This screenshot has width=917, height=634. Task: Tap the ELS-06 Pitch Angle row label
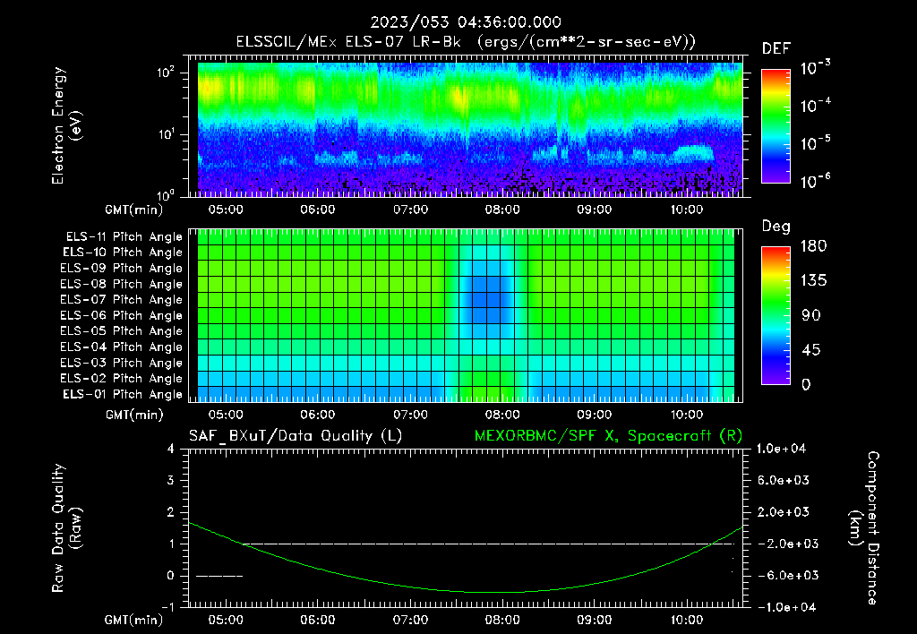point(121,316)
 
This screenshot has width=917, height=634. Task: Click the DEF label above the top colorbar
point(776,48)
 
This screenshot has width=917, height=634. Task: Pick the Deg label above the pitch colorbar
point(776,227)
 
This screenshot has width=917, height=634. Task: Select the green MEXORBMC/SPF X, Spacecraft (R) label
point(608,435)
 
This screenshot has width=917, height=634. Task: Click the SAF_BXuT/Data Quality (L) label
point(295,435)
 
